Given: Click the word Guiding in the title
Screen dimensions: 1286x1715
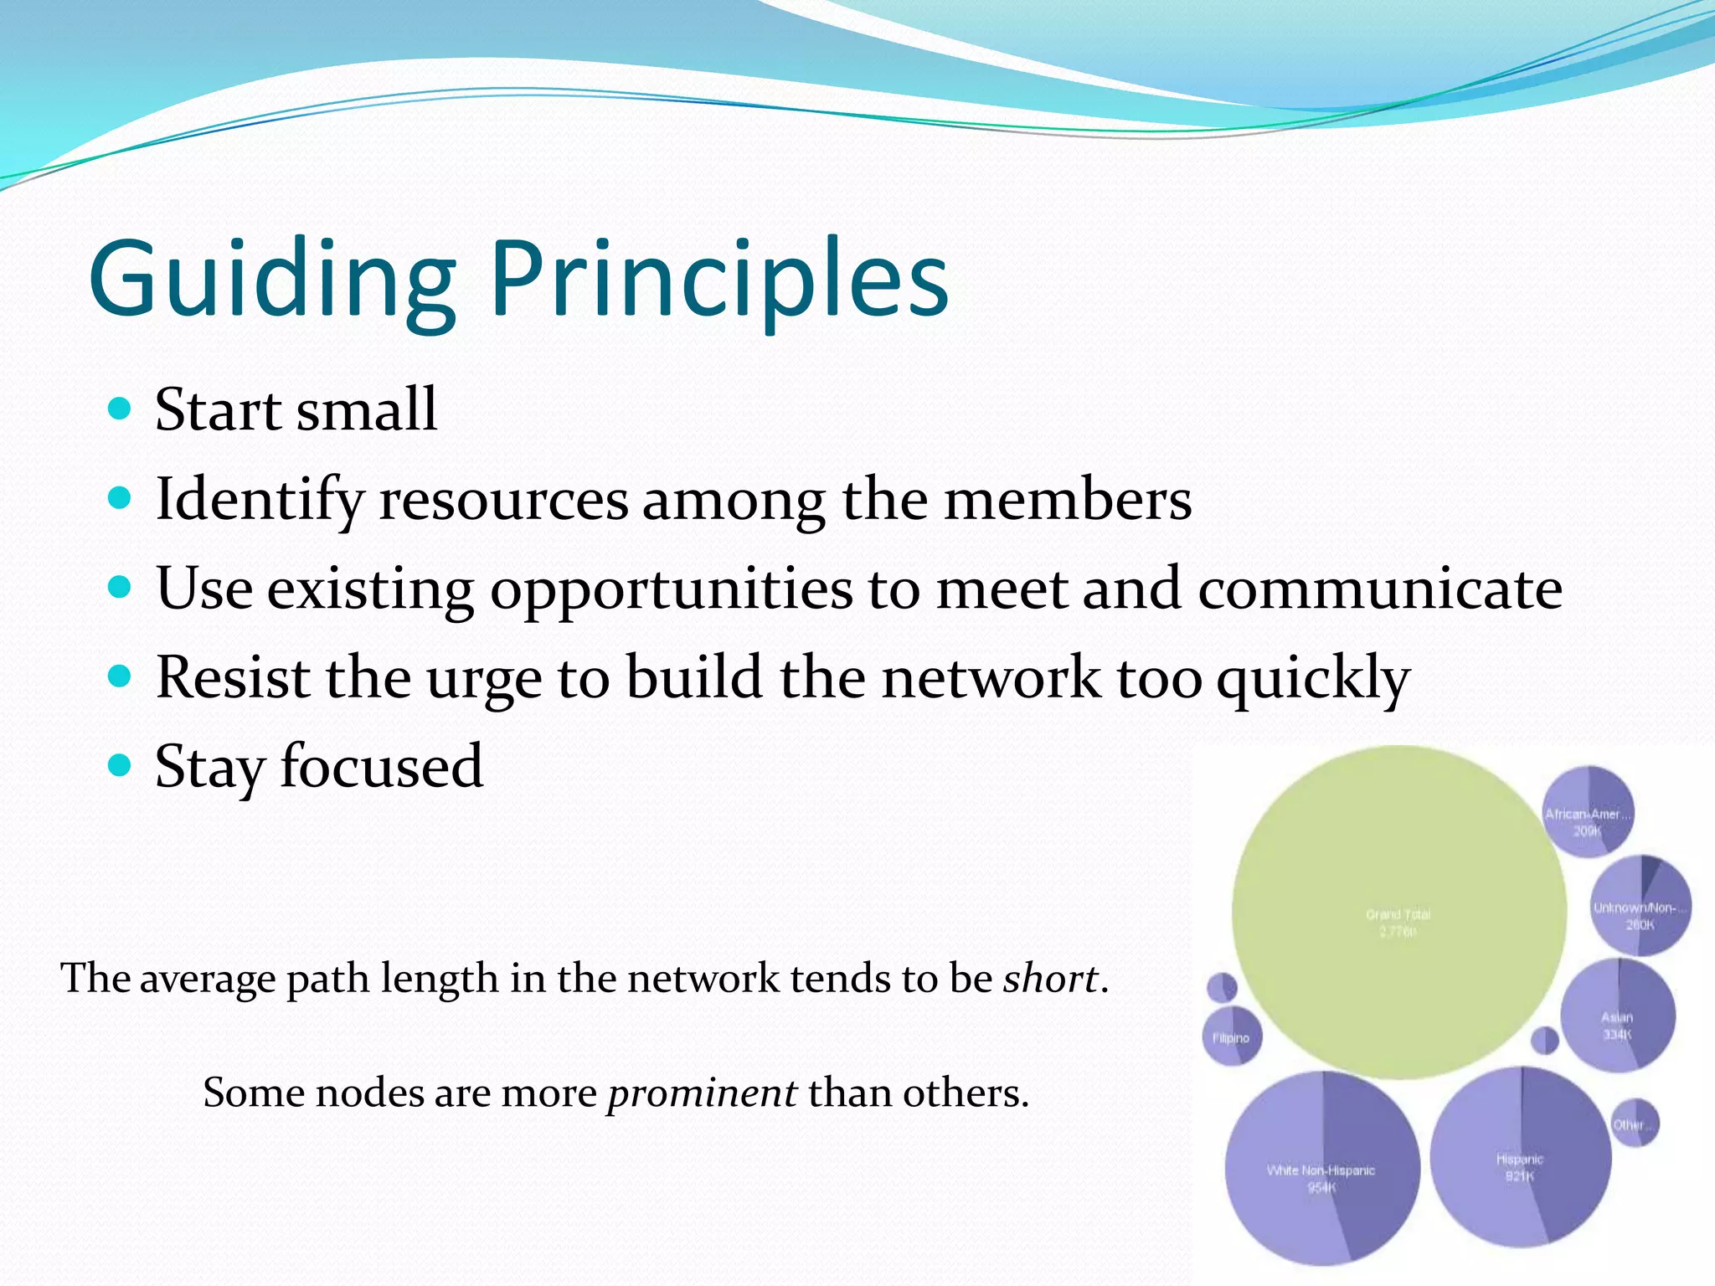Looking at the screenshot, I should click(272, 278).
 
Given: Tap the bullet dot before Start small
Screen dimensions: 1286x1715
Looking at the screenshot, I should click(121, 409).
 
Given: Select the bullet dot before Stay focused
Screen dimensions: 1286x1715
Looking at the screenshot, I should click(121, 765).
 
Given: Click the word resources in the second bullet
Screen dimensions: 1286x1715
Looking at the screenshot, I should click(503, 500).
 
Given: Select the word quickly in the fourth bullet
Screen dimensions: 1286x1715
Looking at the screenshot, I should click(1312, 679).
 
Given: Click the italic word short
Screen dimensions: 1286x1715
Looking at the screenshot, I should click(1050, 978).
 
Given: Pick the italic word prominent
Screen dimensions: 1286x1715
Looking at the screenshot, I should click(702, 1093).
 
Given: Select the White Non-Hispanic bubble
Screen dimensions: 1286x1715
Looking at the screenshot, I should click(1321, 1168).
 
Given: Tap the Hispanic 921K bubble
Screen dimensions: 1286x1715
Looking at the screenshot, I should click(1520, 1155).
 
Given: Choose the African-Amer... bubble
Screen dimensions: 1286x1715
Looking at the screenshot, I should click(1588, 810).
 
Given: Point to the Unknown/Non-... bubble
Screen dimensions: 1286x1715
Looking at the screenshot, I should click(1640, 906).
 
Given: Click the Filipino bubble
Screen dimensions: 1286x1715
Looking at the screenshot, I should click(1231, 1037).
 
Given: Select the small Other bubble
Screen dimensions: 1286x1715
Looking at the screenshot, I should click(1634, 1123).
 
